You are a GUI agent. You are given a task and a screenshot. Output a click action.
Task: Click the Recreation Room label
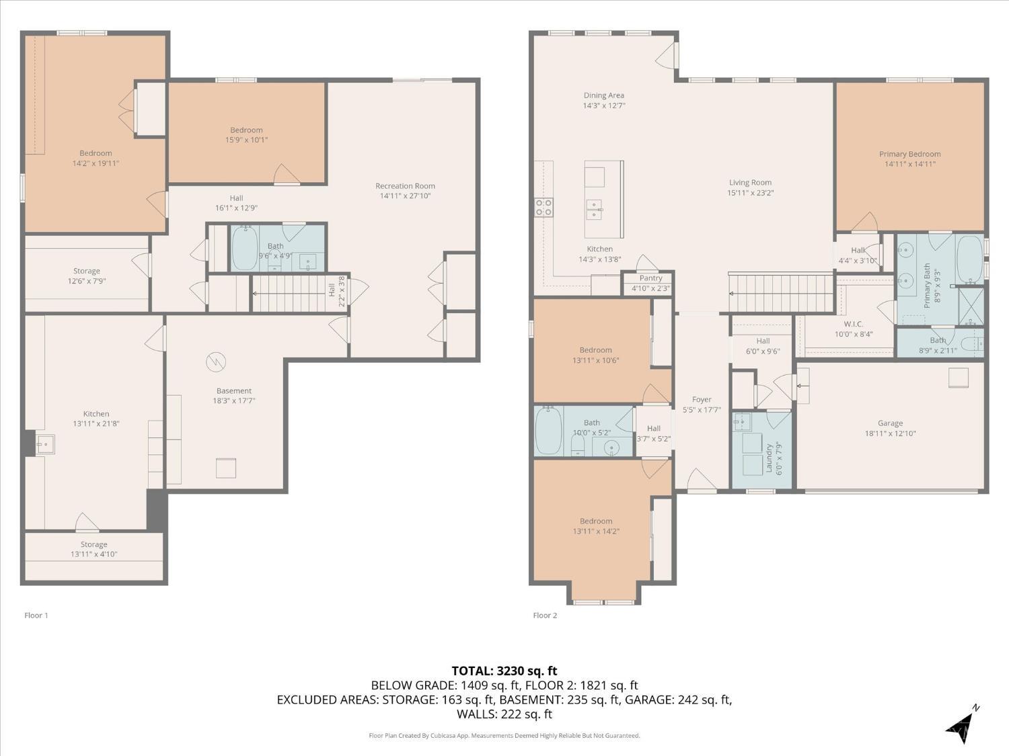(x=405, y=186)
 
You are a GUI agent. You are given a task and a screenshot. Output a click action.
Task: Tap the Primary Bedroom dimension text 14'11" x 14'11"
(x=909, y=164)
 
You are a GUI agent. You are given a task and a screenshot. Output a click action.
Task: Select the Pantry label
(x=650, y=278)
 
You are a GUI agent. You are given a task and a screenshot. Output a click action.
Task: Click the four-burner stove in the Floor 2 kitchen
(x=544, y=208)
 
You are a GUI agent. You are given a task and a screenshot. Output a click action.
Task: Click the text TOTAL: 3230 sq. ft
(x=504, y=671)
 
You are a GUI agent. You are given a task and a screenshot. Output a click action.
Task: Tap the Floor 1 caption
(x=36, y=615)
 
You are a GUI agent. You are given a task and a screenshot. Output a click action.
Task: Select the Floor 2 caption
(x=545, y=615)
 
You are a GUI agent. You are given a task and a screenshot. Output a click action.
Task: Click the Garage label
(x=890, y=423)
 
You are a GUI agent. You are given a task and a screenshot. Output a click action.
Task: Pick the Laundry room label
(x=769, y=458)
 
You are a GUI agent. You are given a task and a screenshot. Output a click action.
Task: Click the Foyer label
(x=702, y=400)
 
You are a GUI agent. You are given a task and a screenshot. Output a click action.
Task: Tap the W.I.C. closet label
(x=853, y=324)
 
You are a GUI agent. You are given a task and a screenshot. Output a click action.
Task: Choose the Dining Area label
(x=603, y=95)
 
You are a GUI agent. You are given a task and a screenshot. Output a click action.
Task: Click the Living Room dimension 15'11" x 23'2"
(x=750, y=193)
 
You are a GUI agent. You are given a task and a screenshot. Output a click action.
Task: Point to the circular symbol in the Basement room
(x=216, y=362)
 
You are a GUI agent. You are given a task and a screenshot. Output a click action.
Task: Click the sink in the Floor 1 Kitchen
(x=45, y=444)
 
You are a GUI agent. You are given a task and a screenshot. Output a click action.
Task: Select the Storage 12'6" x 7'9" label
(x=86, y=276)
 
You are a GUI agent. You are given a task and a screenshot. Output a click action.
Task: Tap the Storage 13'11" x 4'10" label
(x=94, y=549)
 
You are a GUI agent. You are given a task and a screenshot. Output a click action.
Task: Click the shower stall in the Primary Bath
(x=971, y=306)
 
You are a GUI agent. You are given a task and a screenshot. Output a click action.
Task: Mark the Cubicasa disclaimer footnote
(x=504, y=735)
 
